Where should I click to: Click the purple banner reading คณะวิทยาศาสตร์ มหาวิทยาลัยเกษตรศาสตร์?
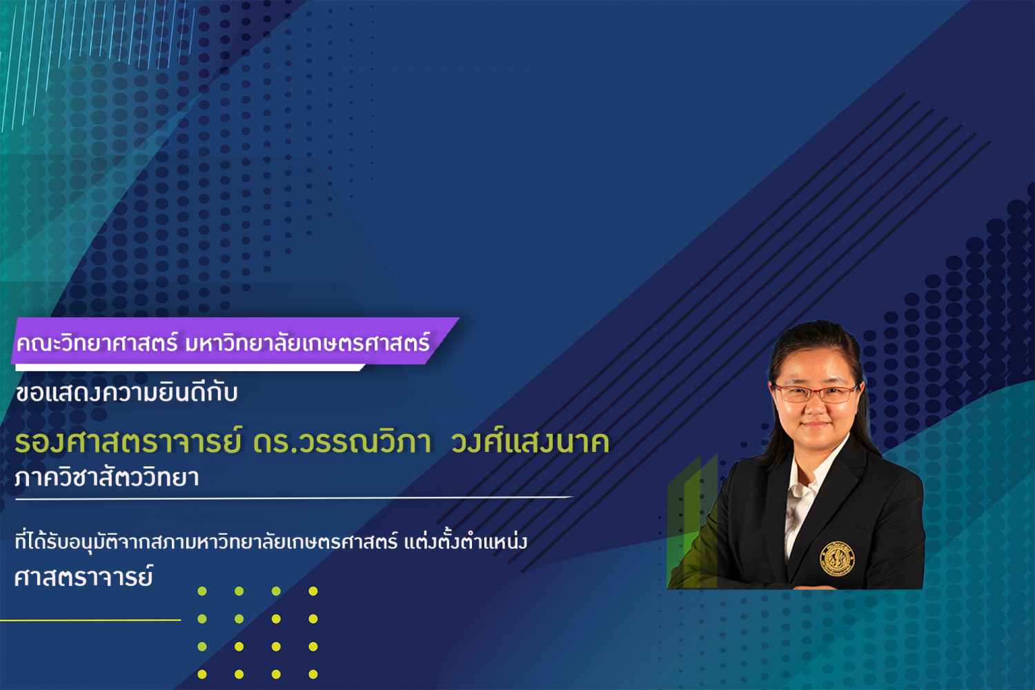pyautogui.click(x=235, y=341)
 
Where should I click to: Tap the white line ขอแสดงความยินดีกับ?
pyautogui.click(x=126, y=393)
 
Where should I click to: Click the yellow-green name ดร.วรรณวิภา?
pyautogui.click(x=342, y=442)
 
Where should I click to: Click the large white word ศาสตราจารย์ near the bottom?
pyautogui.click(x=83, y=575)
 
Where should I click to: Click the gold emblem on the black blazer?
pyautogui.click(x=837, y=559)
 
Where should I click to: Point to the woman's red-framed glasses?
pyautogui.click(x=816, y=393)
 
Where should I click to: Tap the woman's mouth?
pyautogui.click(x=815, y=425)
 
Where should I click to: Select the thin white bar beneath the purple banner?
pyautogui.click(x=190, y=367)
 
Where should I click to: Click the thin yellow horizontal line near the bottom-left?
pyautogui.click(x=90, y=620)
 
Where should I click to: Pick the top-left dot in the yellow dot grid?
pyautogui.click(x=202, y=591)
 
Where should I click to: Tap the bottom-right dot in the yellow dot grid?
pyautogui.click(x=313, y=674)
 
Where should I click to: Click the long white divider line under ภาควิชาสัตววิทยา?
pyautogui.click(x=295, y=498)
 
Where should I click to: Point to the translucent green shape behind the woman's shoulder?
pyautogui.click(x=691, y=522)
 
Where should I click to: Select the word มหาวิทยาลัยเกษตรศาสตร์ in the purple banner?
pyautogui.click(x=307, y=342)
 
